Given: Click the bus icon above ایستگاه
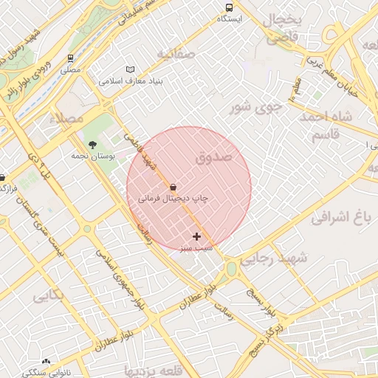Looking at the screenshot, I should (228, 7).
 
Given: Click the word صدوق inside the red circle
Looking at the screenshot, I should (215, 157).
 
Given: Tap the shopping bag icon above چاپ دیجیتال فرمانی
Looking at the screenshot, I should (173, 187).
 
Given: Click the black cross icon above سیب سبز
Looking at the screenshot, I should (196, 236).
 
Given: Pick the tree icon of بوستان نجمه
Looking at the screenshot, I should (92, 145).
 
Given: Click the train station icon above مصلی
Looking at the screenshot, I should (70, 57).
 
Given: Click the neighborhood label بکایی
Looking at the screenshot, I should (48, 296).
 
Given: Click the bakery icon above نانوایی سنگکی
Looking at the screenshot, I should (47, 362).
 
